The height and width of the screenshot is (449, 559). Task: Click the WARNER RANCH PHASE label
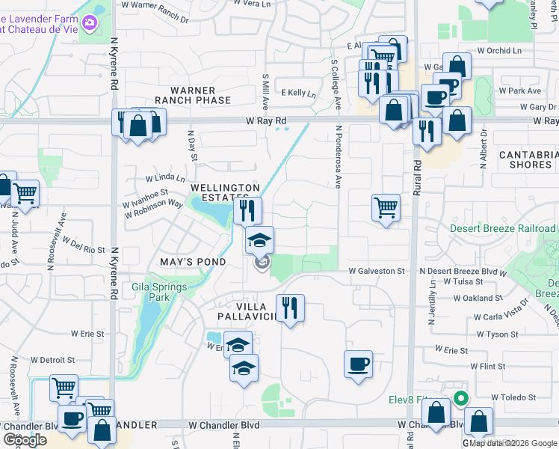coord(193,95)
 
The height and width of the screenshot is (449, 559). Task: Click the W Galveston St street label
coord(377,271)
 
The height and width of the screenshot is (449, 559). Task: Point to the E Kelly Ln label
coord(298,94)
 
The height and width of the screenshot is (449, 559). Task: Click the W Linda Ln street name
coord(165,178)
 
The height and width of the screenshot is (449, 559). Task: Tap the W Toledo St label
coord(514,397)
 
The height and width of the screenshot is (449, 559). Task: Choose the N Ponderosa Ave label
coord(339,156)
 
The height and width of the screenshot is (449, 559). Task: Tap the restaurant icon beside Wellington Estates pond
coord(247,210)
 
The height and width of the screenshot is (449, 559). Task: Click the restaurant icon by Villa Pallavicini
coord(289,307)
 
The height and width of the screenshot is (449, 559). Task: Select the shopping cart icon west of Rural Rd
coord(386,207)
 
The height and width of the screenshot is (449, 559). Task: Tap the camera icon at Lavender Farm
coord(89,23)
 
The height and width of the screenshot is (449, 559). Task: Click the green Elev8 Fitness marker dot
coord(461,397)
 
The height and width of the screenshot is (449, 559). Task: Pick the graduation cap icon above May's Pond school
coord(260,240)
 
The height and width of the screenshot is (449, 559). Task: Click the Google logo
coord(25,440)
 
